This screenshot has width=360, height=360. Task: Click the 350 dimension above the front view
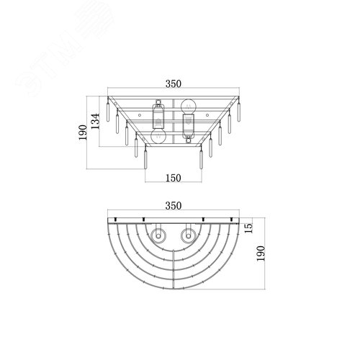coord(174,84)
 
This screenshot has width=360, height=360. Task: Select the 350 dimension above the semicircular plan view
coord(174,206)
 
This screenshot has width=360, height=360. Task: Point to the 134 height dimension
coord(96,121)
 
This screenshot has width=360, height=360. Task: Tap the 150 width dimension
coord(174,178)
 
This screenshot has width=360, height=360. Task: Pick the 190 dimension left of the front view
coord(83,132)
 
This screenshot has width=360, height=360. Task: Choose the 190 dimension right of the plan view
coord(261,253)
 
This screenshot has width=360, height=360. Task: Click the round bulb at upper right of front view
coord(189,105)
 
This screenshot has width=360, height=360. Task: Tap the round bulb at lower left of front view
coord(158,137)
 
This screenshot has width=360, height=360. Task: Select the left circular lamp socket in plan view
coord(158,235)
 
